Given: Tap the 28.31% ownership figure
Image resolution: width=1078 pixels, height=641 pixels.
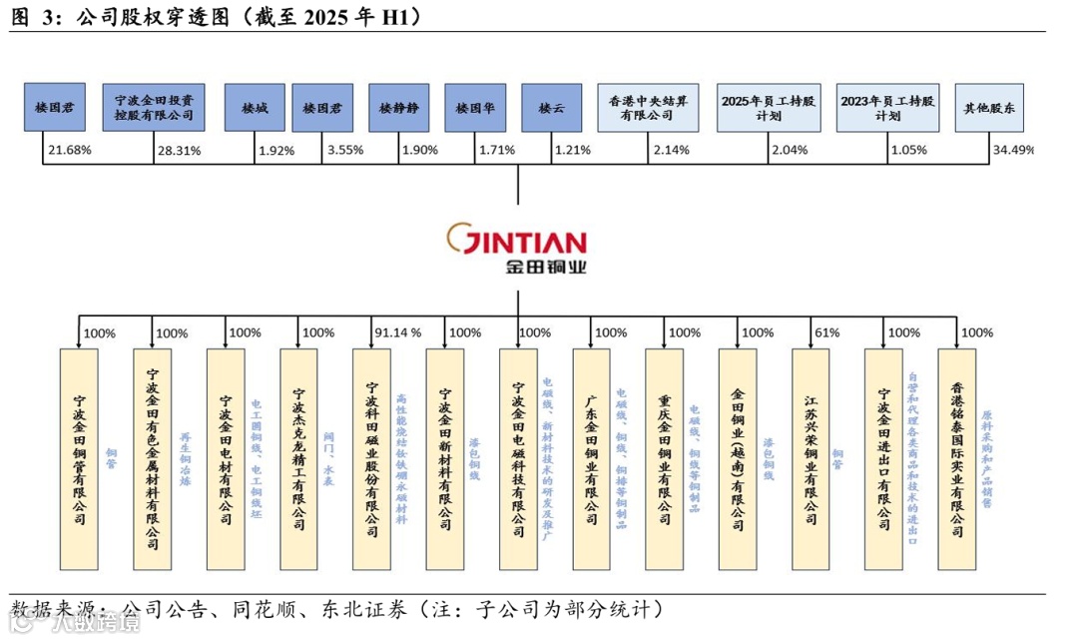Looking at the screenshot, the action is [x=179, y=152].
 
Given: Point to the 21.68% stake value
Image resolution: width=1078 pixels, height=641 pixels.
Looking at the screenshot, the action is [x=68, y=151].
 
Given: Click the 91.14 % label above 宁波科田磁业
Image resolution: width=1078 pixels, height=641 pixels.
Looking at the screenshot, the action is [x=397, y=332].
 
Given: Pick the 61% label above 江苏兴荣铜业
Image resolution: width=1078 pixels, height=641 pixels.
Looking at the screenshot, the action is [x=827, y=332].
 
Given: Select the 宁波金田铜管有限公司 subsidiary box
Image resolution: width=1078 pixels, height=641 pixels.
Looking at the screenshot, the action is [x=79, y=459].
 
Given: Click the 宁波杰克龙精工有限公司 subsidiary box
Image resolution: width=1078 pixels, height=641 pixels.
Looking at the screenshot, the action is [x=297, y=459].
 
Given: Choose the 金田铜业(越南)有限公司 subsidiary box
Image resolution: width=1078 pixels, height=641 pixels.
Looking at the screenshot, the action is [x=738, y=459].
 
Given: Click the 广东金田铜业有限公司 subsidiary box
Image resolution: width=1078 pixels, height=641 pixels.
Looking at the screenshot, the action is [x=591, y=459].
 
